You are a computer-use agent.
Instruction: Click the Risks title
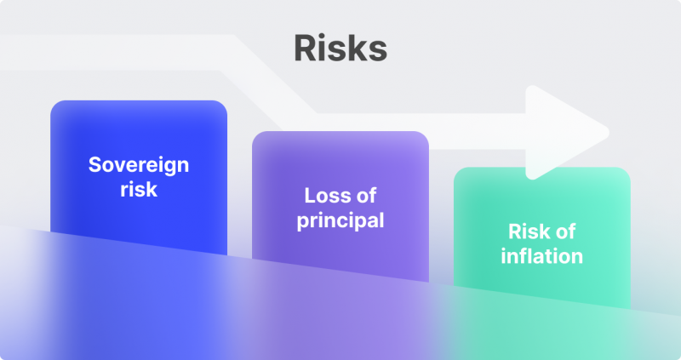[x=340, y=48]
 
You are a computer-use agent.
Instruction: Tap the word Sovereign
[x=139, y=166]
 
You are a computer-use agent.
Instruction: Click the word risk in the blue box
[x=139, y=189]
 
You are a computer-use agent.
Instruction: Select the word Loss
[x=322, y=196]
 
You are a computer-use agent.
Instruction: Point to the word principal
[x=340, y=221]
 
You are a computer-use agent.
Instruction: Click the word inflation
[x=541, y=256]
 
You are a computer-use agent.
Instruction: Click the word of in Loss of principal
[x=366, y=196]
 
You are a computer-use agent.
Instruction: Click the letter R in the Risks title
[x=306, y=49]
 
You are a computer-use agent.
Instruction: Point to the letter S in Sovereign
[x=96, y=164]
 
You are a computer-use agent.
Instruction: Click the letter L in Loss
[x=310, y=196]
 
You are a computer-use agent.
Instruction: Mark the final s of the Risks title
[x=378, y=52]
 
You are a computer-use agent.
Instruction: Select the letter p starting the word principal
[x=302, y=222]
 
